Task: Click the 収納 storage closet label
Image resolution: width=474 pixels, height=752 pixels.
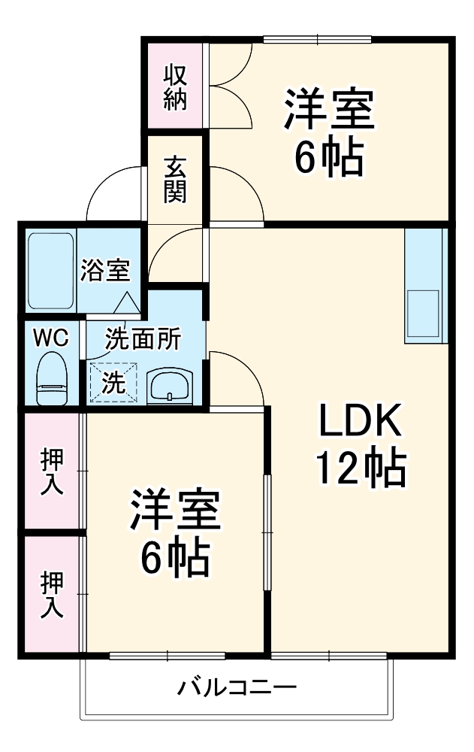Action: point(175,88)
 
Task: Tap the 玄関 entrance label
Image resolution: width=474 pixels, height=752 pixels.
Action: point(175,179)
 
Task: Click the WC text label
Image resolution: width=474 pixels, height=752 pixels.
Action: point(50,338)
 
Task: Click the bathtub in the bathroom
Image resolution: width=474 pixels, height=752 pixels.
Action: point(51,270)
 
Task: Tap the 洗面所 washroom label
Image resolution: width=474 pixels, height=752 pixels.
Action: point(142,339)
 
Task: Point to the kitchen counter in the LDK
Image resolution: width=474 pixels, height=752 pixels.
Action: point(426,285)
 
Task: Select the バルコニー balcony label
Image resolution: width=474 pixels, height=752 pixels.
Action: point(237,687)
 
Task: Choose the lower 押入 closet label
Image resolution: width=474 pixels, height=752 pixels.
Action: point(51,595)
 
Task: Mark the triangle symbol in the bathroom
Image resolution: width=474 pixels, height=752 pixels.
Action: point(127,303)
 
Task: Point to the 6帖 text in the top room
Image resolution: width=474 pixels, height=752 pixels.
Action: point(328,157)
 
